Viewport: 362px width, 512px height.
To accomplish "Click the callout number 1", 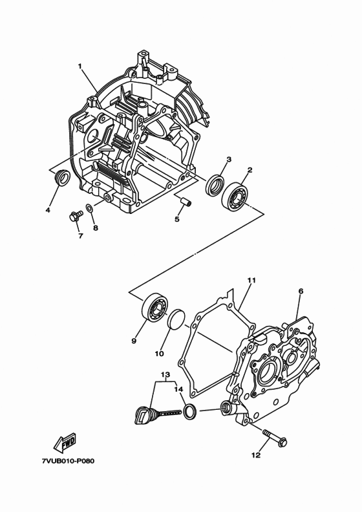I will [80, 66].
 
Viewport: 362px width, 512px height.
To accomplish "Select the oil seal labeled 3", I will [216, 184].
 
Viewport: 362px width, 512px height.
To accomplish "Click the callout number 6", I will [301, 292].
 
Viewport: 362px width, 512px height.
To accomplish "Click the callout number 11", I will [251, 280].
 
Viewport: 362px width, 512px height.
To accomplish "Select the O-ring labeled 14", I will [189, 411].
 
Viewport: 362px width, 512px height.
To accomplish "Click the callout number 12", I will [256, 455].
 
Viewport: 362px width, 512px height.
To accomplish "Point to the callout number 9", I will [134, 341].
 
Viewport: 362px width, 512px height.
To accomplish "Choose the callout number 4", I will [48, 209].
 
